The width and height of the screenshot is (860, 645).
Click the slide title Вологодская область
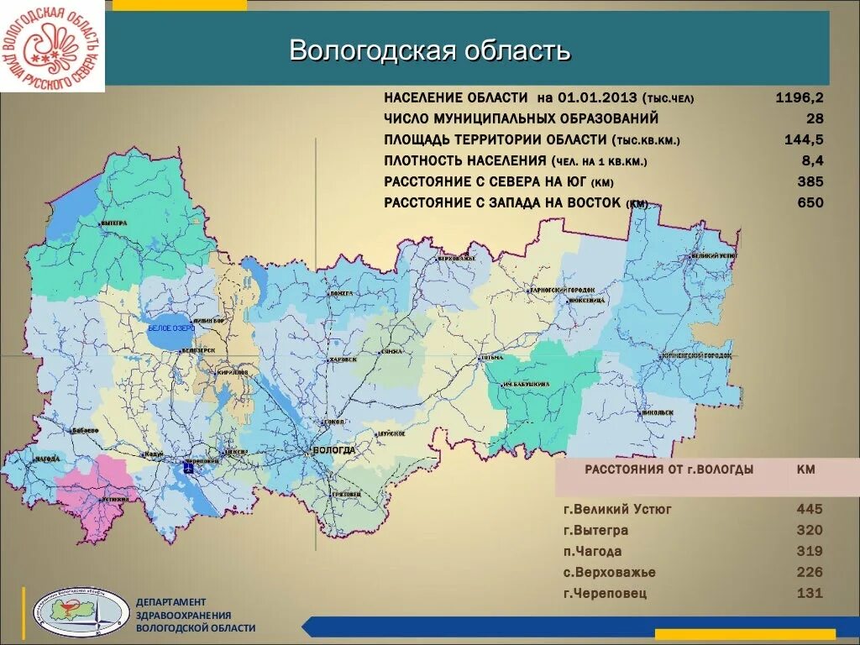(x=430, y=50)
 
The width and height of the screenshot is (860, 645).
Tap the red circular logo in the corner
(x=52, y=46)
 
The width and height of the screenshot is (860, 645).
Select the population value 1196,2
(x=799, y=97)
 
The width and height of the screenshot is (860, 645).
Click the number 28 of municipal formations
(x=815, y=118)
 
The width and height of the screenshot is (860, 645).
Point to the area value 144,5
(x=806, y=139)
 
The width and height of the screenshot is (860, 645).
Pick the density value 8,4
(x=812, y=160)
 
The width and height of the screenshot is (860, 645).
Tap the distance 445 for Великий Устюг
(x=810, y=509)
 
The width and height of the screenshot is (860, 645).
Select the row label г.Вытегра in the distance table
(x=595, y=531)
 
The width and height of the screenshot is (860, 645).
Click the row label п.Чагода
(x=592, y=552)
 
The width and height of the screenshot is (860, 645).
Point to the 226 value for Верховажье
(x=810, y=573)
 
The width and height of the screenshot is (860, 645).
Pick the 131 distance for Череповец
(x=810, y=594)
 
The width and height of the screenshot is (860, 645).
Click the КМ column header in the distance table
(x=805, y=469)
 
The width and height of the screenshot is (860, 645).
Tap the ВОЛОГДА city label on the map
(x=333, y=450)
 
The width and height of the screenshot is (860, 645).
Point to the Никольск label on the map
(x=659, y=412)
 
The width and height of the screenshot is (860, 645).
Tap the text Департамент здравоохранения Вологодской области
(x=195, y=615)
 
